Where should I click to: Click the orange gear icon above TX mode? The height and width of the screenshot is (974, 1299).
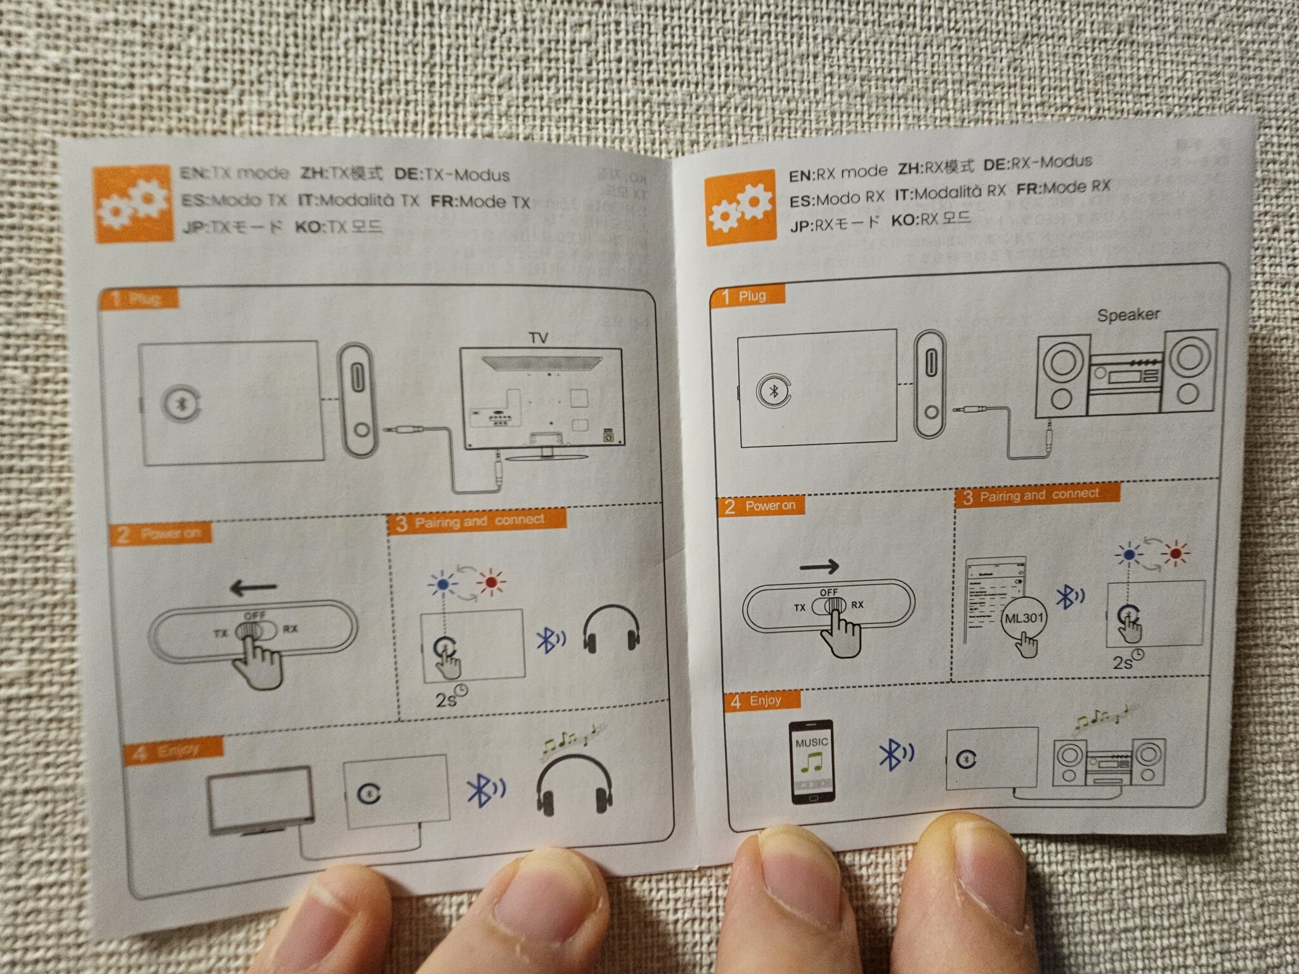pyautogui.click(x=133, y=204)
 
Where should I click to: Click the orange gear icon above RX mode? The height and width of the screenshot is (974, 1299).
pyautogui.click(x=740, y=208)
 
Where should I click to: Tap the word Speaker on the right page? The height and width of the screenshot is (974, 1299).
pyautogui.click(x=1128, y=315)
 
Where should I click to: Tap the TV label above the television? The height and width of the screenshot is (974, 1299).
pyautogui.click(x=538, y=338)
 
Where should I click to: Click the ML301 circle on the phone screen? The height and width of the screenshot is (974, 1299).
pyautogui.click(x=1023, y=618)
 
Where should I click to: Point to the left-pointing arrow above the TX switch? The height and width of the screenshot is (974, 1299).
pyautogui.click(x=254, y=588)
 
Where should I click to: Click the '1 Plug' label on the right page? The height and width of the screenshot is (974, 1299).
pyautogui.click(x=747, y=295)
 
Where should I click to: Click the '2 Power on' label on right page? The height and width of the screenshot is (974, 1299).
pyautogui.click(x=761, y=505)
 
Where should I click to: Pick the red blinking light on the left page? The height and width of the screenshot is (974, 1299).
pyautogui.click(x=490, y=581)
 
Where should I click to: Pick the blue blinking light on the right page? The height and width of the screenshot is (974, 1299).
pyautogui.click(x=1129, y=554)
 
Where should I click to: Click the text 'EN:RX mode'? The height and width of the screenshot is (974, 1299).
pyautogui.click(x=837, y=173)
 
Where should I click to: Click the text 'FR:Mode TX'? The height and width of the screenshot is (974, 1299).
pyautogui.click(x=480, y=202)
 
